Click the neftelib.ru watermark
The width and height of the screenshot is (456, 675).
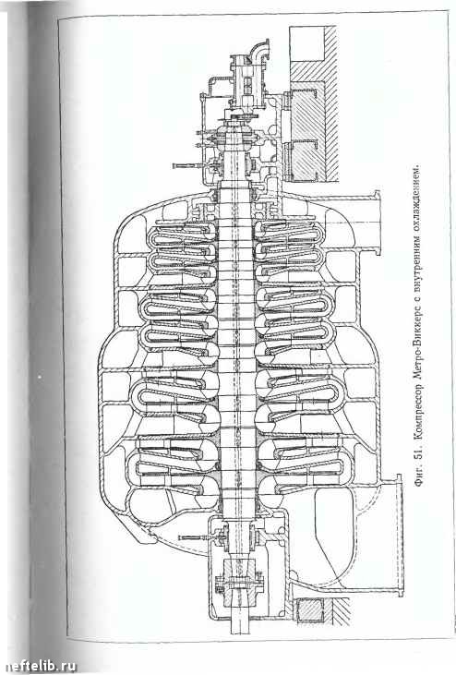pos(39,666)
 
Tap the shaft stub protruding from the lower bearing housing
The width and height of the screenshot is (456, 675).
pos(239,621)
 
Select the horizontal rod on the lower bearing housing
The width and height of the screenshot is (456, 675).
pos(197,537)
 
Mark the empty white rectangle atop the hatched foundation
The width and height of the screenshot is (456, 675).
pos(306,44)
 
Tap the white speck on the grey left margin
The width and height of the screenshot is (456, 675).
pos(40,378)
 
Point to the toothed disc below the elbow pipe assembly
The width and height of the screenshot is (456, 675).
pos(243,116)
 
